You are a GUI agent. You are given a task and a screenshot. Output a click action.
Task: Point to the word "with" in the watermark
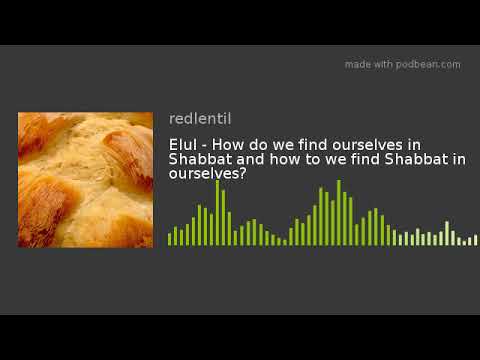click(386, 64)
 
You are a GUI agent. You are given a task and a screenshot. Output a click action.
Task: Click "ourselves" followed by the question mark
click(204, 173)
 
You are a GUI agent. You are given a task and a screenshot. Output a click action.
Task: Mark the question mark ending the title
click(244, 173)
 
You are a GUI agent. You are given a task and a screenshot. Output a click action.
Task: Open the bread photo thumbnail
click(85, 180)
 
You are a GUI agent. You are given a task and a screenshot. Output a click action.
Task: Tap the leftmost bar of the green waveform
click(170, 239)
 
